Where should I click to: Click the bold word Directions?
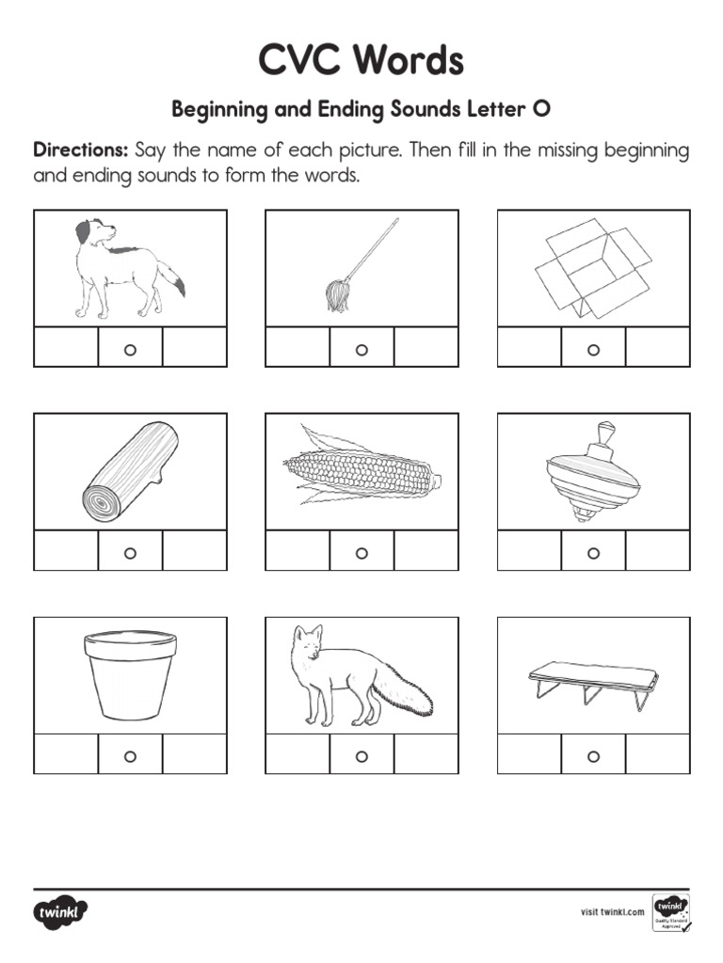pyautogui.click(x=80, y=150)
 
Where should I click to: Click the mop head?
pyautogui.click(x=336, y=295)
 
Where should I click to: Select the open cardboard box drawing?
pyautogui.click(x=592, y=268)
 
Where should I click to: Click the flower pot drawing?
pyautogui.click(x=130, y=674)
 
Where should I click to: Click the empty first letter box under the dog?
pyautogui.click(x=66, y=347)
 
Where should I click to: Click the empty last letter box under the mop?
pyautogui.click(x=426, y=347)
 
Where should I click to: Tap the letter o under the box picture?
pyautogui.click(x=593, y=350)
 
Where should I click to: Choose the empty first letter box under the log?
pyautogui.click(x=66, y=551)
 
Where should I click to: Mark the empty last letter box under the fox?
pyautogui.click(x=426, y=754)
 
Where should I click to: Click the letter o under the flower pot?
pyautogui.click(x=130, y=756)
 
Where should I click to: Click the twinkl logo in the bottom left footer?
pyautogui.click(x=61, y=911)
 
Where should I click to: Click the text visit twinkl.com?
pyautogui.click(x=612, y=911)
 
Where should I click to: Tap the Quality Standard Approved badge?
pyautogui.click(x=669, y=911)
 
